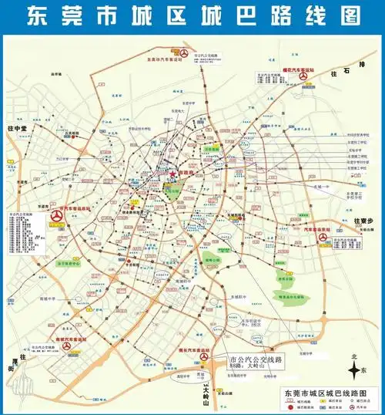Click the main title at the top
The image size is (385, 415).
(x=192, y=15)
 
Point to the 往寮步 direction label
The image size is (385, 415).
(x=368, y=221)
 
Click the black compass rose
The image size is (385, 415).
(x=354, y=371)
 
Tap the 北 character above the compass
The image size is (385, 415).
(x=354, y=356)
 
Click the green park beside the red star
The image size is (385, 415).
(x=174, y=189)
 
